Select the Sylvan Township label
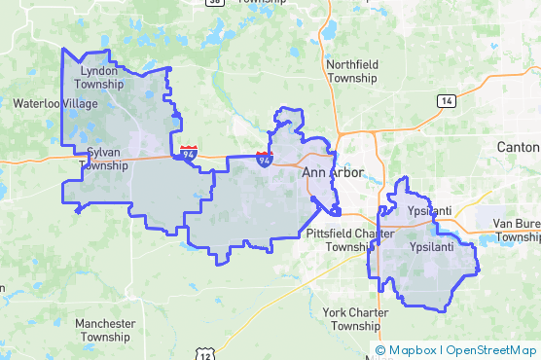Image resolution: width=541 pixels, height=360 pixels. pyautogui.click(x=104, y=159)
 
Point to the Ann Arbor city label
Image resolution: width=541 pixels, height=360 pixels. pyautogui.click(x=333, y=173)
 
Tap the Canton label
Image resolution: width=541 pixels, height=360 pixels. pyautogui.click(x=519, y=146)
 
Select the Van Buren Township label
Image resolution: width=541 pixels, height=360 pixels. pyautogui.click(x=516, y=230)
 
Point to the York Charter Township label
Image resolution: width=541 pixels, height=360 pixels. pyautogui.click(x=354, y=318)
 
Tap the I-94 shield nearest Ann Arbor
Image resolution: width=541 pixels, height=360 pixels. pyautogui.click(x=265, y=159)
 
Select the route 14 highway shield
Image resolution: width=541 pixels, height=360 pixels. pyautogui.click(x=446, y=101)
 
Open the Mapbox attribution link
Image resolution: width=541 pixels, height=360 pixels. pyautogui.click(x=412, y=350)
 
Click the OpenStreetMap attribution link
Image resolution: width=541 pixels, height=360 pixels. pyautogui.click(x=490, y=350)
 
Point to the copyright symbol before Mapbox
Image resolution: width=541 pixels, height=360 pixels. pyautogui.click(x=380, y=350)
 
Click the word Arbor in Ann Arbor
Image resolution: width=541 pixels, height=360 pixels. pyautogui.click(x=346, y=173)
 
